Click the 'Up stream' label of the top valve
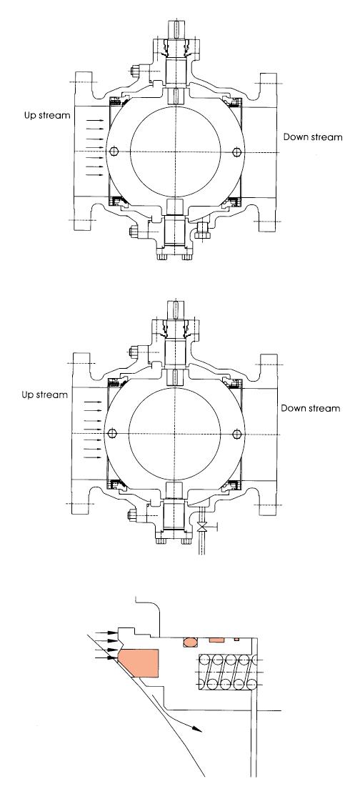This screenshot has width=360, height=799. point(47,115)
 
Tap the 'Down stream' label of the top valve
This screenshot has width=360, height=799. point(313,137)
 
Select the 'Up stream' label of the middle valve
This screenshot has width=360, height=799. point(44,395)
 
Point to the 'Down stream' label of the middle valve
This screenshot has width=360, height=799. point(311,408)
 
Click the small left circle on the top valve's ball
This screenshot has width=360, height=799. point(114,152)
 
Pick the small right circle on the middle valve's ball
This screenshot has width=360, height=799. point(236,434)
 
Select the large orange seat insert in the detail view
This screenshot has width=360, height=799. point(139,663)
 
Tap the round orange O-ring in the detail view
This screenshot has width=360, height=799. point(189,641)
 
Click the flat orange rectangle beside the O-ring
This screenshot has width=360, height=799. point(217,639)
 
